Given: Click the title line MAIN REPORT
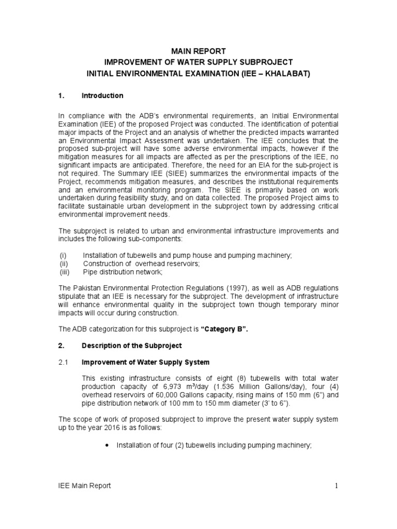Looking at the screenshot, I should [198, 51].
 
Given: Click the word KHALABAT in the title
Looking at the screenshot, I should [284, 74].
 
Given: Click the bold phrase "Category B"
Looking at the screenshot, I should [221, 330].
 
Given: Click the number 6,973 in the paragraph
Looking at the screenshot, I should [167, 386].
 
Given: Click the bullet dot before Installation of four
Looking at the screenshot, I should [106, 445].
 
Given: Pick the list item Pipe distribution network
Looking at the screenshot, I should [123, 272].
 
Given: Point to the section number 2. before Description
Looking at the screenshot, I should [60, 345].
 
